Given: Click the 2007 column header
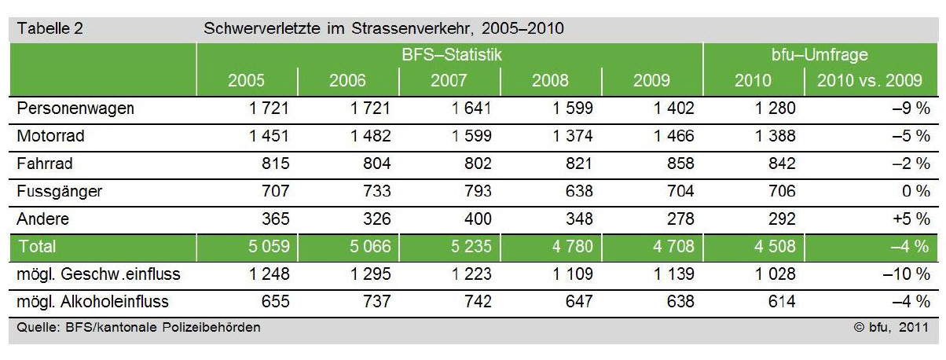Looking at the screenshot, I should [x=449, y=81].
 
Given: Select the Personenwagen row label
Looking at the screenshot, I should [x=75, y=108].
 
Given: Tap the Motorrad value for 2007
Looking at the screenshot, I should [x=471, y=136].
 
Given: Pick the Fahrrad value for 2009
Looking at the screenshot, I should [x=675, y=163].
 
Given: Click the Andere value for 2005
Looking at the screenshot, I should [x=271, y=219].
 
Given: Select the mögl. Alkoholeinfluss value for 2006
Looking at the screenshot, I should [x=372, y=301].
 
